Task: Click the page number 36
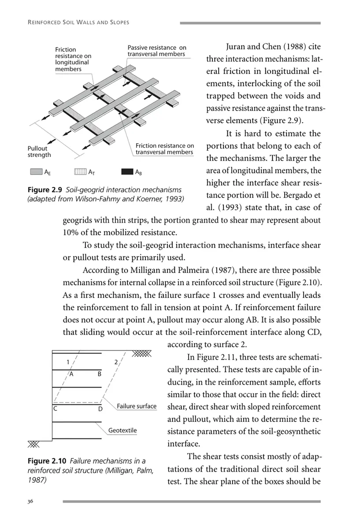tap(30, 501)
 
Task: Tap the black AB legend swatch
tap(127, 171)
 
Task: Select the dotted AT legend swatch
tap(80, 171)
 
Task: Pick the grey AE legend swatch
tap(37, 171)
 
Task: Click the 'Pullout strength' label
tap(39, 152)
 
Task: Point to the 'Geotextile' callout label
tap(122, 430)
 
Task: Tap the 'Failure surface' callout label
tap(137, 406)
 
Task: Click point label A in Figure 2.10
tap(71, 374)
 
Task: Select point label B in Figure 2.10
tap(100, 374)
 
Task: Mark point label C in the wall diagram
tap(55, 409)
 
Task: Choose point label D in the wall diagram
tap(100, 409)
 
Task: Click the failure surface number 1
tap(68, 362)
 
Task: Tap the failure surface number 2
tap(116, 362)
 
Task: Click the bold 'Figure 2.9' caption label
tap(45, 190)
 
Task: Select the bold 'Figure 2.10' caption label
tap(47, 461)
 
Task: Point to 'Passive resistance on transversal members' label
tap(157, 51)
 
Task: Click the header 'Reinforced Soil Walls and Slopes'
tap(78, 22)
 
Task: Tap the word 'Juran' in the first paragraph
tap(235, 47)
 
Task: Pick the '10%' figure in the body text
tap(71, 232)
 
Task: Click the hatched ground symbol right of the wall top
tap(141, 354)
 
